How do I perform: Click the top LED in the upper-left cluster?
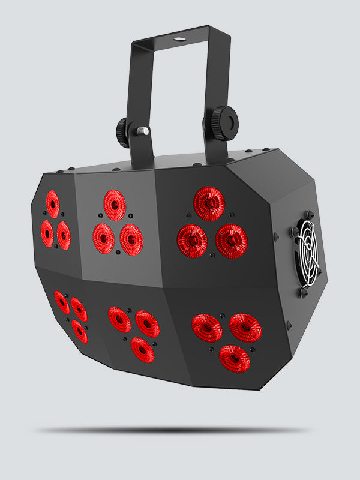(x=53, y=204)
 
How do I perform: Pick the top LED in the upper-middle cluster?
(x=115, y=205)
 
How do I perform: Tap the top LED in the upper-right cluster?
(x=209, y=204)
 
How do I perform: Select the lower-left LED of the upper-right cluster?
(x=192, y=241)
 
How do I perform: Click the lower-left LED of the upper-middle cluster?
(x=104, y=238)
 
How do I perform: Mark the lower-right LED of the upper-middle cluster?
(x=131, y=239)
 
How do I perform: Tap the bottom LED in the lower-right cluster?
(x=235, y=358)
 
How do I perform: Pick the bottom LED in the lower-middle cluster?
(x=142, y=349)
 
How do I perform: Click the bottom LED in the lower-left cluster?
(x=79, y=331)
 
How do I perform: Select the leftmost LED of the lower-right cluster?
(x=207, y=328)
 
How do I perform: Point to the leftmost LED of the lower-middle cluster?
(x=120, y=320)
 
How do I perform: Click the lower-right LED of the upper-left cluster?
(x=64, y=236)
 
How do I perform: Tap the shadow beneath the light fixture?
(x=174, y=430)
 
